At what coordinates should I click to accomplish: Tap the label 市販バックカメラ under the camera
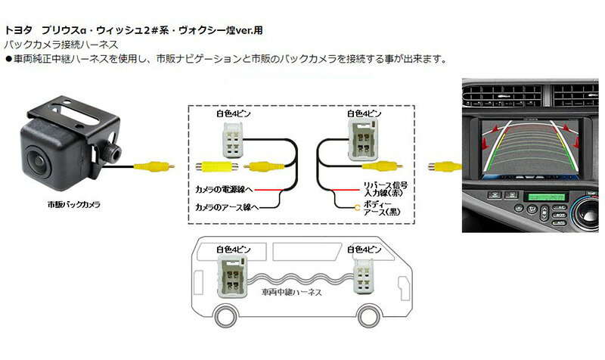tap(74, 205)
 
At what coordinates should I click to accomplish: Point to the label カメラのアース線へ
tap(226, 206)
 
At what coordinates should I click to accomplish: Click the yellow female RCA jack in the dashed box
tap(212, 166)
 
